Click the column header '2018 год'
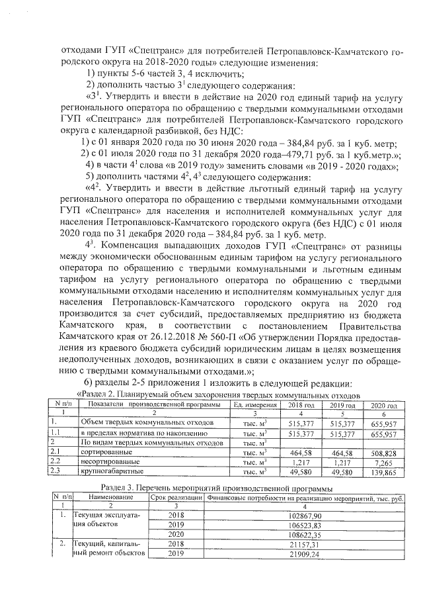[301, 405]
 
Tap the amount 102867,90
[305, 515]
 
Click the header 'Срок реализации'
[176, 496]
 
